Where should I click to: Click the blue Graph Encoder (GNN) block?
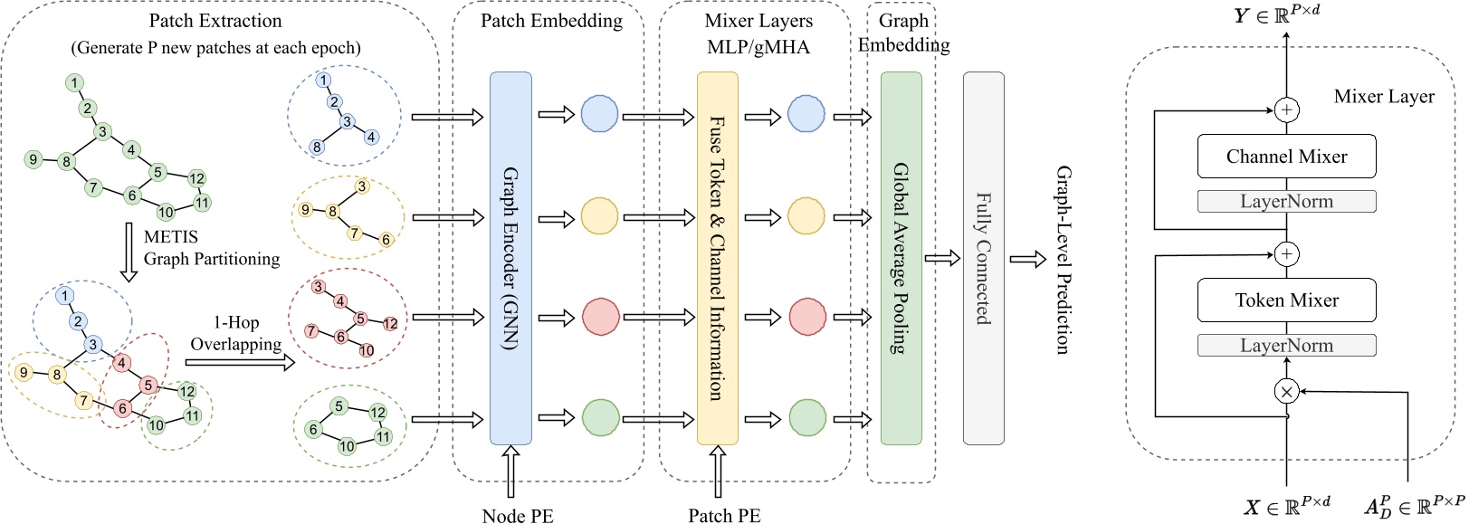510,258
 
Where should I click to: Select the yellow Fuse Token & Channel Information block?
717,258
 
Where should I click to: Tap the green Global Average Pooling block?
901,258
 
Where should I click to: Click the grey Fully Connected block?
983,258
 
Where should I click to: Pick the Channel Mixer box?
1286,157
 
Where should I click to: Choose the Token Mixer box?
1286,300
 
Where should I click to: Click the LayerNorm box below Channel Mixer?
1286,201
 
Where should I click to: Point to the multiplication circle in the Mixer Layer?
1286,392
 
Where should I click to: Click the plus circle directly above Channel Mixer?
1286,110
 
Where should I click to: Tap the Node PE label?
518,515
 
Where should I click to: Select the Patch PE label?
724,515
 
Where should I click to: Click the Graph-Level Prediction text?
1064,260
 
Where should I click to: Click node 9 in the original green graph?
33,160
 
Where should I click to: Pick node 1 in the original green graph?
73,83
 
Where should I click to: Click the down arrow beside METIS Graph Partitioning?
129,252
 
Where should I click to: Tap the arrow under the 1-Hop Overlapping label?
240,362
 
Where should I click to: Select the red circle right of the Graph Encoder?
600,317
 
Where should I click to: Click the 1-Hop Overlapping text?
235,333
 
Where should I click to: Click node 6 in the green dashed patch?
313,430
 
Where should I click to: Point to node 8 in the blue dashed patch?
317,147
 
